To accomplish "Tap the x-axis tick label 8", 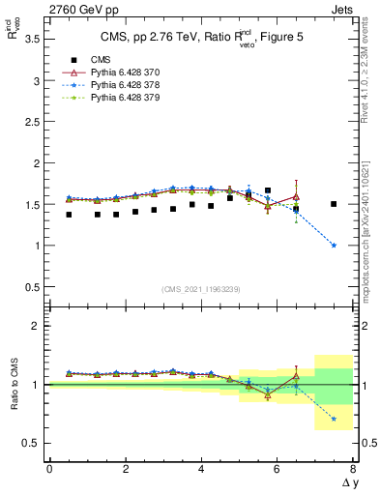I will pyautogui.click(x=353, y=470).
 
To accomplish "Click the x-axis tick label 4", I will pyautogui.click(x=201, y=470).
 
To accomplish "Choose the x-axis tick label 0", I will pyautogui.click(x=49, y=470).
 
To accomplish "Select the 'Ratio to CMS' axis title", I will pyautogui.click(x=15, y=385).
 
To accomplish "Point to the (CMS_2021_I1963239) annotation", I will pyautogui.click(x=200, y=289).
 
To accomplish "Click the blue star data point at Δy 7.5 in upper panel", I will pyautogui.click(x=334, y=246).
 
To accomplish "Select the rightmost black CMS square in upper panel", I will pyautogui.click(x=334, y=204).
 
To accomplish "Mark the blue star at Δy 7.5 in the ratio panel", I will pyautogui.click(x=334, y=419).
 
